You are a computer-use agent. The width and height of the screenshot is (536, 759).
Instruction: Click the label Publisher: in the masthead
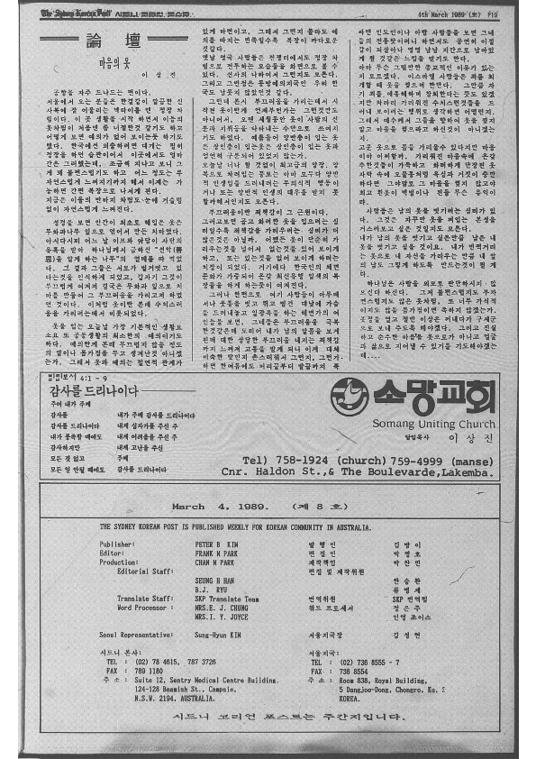pyautogui.click(x=117, y=545)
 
